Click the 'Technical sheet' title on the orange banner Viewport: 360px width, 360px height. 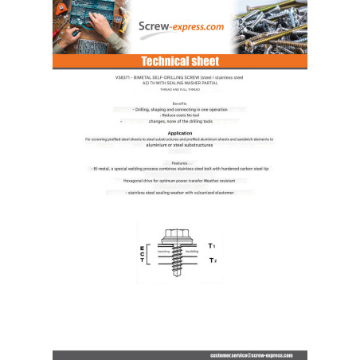(x=179, y=62)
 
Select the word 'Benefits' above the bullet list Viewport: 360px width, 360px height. (x=179, y=104)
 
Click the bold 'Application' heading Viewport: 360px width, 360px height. (x=179, y=133)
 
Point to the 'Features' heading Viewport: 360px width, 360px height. (x=179, y=162)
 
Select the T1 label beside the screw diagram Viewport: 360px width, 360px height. (x=211, y=246)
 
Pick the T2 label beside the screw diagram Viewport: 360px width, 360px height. (x=211, y=260)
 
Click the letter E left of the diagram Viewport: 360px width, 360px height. (x=142, y=248)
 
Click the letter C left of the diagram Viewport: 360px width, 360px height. (x=142, y=255)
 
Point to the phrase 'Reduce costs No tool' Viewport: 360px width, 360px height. (x=179, y=115)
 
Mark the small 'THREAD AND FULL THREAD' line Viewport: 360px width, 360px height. (x=179, y=90)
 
